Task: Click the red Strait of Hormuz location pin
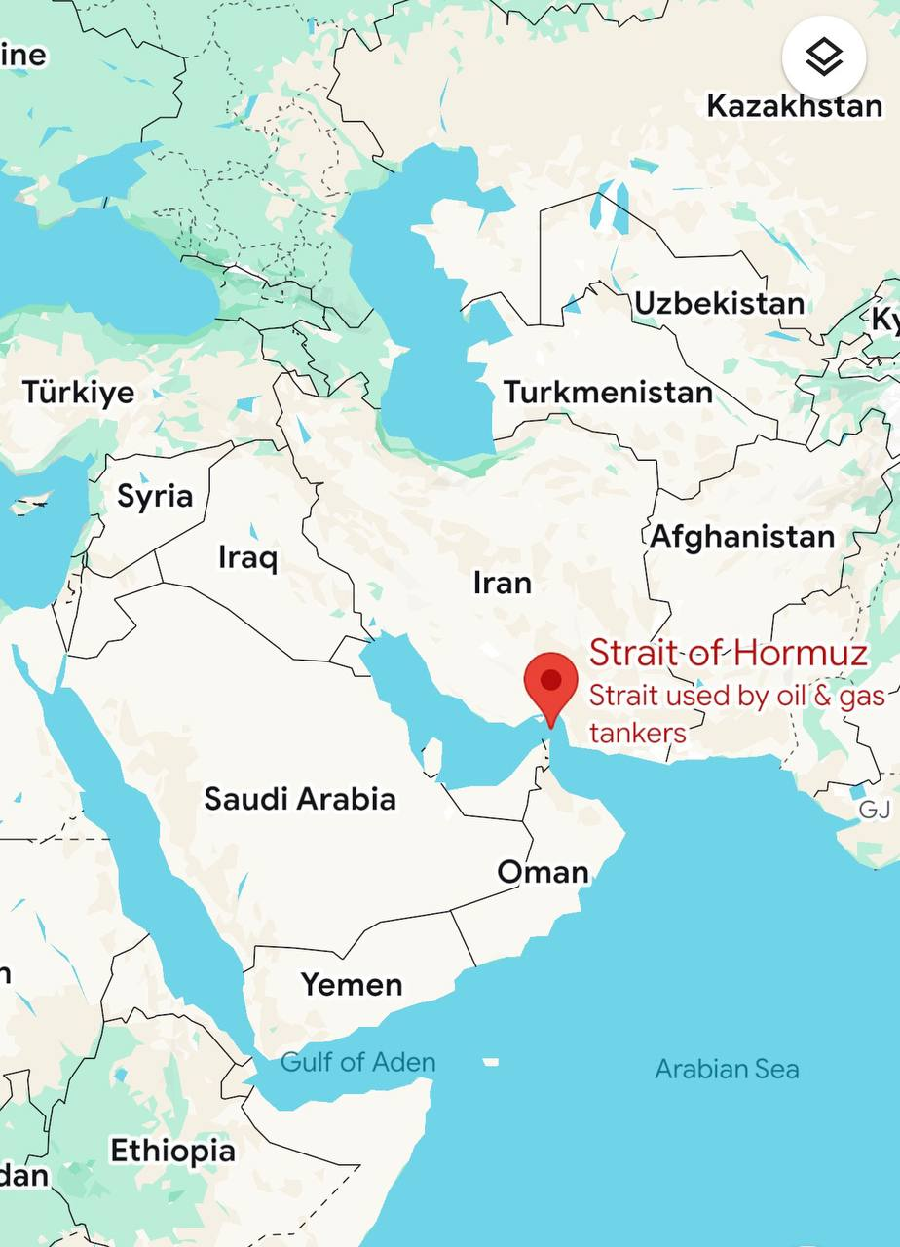[x=551, y=683]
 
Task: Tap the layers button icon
[x=824, y=58]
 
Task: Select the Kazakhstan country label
[x=794, y=105]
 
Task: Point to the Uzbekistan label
[x=720, y=303]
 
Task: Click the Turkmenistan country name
[x=608, y=392]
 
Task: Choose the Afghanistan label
[x=742, y=536]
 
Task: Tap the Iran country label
[x=503, y=583]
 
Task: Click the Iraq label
[x=247, y=557]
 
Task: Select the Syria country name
[x=155, y=496]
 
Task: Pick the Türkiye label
[x=79, y=392]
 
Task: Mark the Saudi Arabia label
[x=300, y=799]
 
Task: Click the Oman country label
[x=543, y=871]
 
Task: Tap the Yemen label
[x=351, y=984]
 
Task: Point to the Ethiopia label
[x=172, y=1151]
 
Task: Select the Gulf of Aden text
[x=357, y=1062]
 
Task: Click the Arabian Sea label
[x=727, y=1069]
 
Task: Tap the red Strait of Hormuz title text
[x=728, y=652]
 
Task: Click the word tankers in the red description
[x=638, y=733]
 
